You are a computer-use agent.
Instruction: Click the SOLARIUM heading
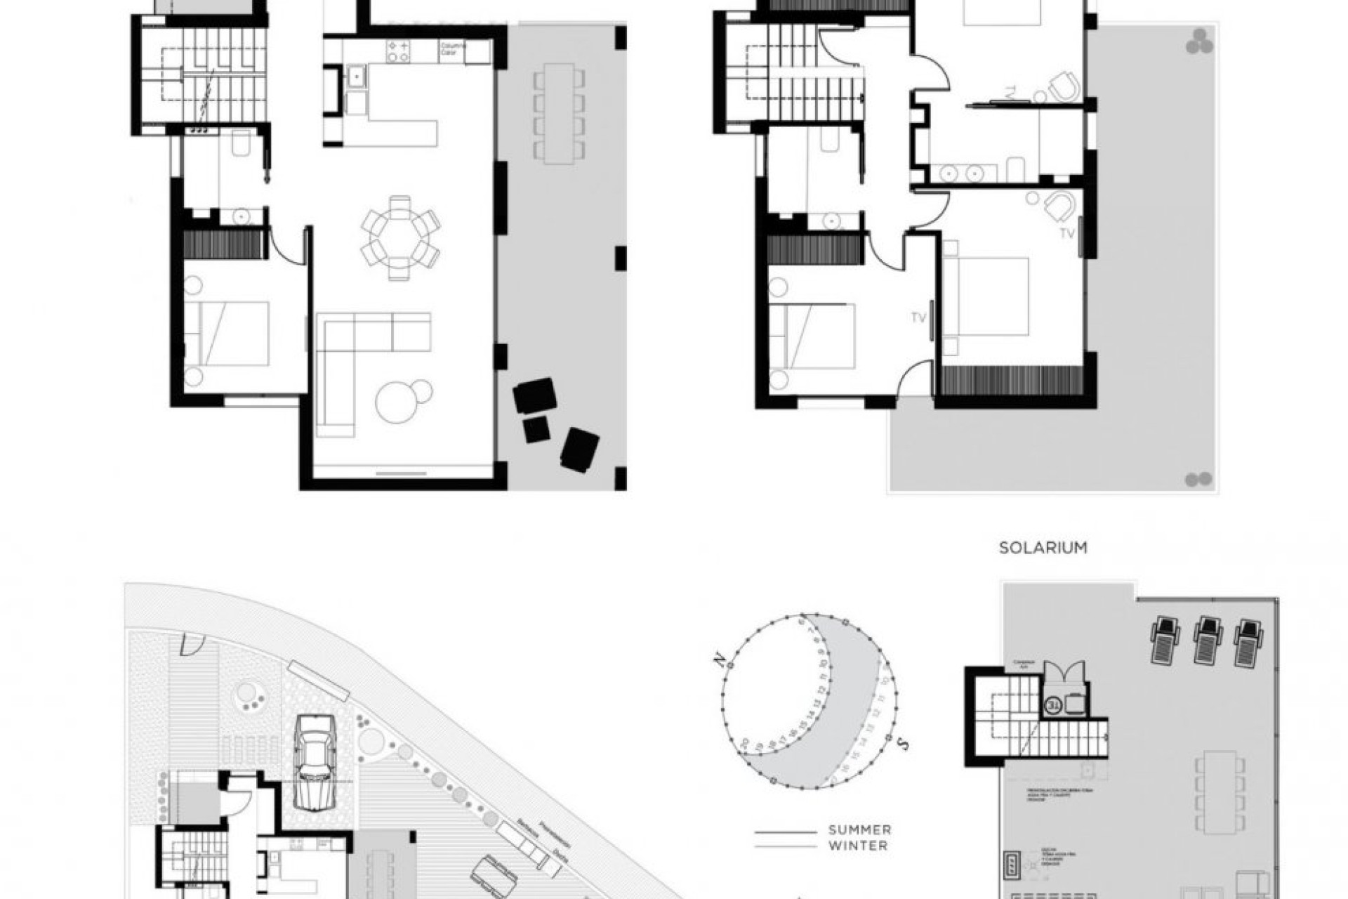pos(1043,548)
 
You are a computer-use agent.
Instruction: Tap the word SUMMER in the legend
pos(859,830)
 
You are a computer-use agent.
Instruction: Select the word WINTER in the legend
pos(858,846)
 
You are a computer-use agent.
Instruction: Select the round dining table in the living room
pos(400,237)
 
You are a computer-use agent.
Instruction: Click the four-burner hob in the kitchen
pos(399,51)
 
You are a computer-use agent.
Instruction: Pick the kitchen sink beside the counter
pos(356,76)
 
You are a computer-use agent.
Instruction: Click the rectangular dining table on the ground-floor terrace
pos(559,113)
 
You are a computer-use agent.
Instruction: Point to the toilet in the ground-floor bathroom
pos(241,145)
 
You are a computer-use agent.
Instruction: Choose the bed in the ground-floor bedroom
pos(228,334)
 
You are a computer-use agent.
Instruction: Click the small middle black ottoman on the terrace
pos(536,430)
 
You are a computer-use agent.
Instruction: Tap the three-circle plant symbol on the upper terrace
pos(1199,41)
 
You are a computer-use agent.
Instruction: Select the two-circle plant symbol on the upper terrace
pos(1198,480)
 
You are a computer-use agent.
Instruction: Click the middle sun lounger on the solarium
pos(1208,639)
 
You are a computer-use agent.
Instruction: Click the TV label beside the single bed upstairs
pos(919,318)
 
